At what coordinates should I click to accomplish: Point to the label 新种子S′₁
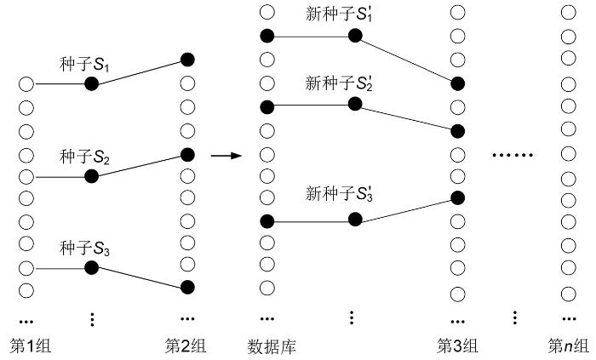(339, 16)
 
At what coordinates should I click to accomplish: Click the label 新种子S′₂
(339, 83)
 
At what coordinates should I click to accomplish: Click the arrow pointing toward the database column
(224, 156)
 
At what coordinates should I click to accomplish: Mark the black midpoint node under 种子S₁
(92, 84)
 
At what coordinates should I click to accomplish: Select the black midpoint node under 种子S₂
(92, 176)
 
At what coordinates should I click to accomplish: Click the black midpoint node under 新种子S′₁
(354, 36)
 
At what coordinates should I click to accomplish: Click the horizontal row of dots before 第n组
(513, 156)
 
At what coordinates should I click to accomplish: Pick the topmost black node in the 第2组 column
(187, 60)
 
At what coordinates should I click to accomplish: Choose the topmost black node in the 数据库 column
(267, 36)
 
